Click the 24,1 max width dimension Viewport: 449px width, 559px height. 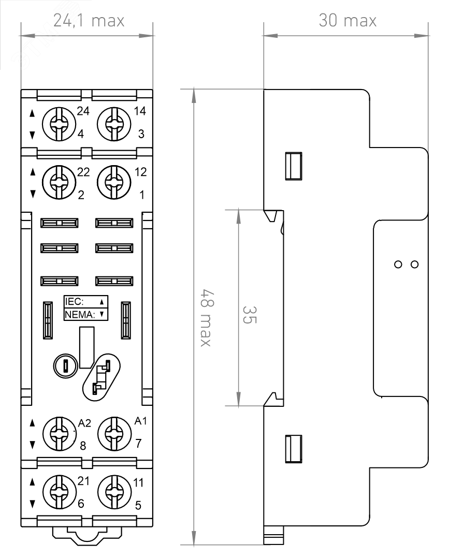[x=89, y=21]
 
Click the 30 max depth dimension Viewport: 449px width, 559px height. [x=347, y=21]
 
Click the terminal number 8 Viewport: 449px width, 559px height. [x=82, y=446]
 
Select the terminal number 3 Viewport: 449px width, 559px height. [x=141, y=135]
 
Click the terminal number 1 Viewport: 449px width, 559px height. [x=141, y=195]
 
